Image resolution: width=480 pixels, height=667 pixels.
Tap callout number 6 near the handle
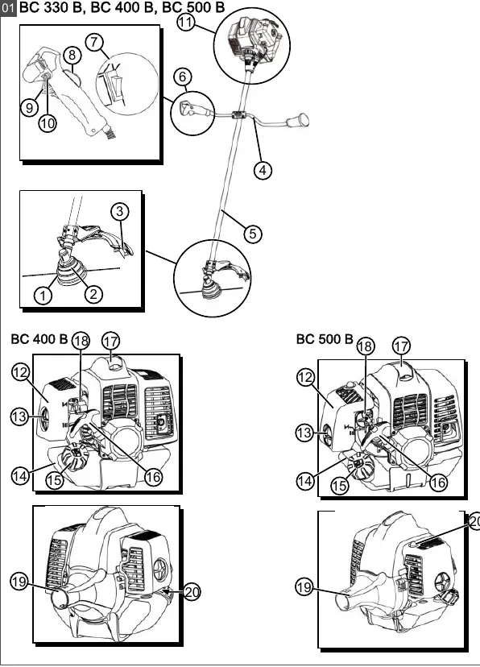pyautogui.click(x=183, y=77)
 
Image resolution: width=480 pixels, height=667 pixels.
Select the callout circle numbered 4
pyautogui.click(x=263, y=170)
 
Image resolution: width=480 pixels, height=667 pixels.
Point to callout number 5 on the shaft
pyautogui.click(x=253, y=234)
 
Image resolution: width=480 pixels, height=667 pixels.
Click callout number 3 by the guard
pyautogui.click(x=120, y=211)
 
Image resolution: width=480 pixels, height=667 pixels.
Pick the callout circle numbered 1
pyautogui.click(x=43, y=295)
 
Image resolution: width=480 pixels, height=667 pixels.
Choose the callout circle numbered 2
pyautogui.click(x=93, y=294)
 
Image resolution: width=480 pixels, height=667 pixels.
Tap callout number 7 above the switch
pyautogui.click(x=94, y=42)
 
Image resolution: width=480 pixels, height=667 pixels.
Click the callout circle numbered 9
pyautogui.click(x=29, y=107)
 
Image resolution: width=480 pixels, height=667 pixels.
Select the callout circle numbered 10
pyautogui.click(x=48, y=123)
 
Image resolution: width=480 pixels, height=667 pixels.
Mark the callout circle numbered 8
pyautogui.click(x=72, y=55)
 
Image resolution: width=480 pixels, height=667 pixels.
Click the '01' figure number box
pyautogui.click(x=8, y=9)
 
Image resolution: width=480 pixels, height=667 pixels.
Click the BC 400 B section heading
pyautogui.click(x=39, y=339)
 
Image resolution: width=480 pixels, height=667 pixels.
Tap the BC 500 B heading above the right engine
pyautogui.click(x=325, y=339)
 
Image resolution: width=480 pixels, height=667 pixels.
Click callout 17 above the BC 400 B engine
pyautogui.click(x=110, y=341)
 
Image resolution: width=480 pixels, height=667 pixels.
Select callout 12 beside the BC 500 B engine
pyautogui.click(x=305, y=377)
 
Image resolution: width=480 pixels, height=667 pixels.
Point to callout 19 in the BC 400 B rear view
pyautogui.click(x=19, y=582)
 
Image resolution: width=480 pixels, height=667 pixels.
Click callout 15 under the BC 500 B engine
pyautogui.click(x=339, y=486)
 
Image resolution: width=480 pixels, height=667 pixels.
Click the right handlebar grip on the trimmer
pyautogui.click(x=299, y=121)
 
